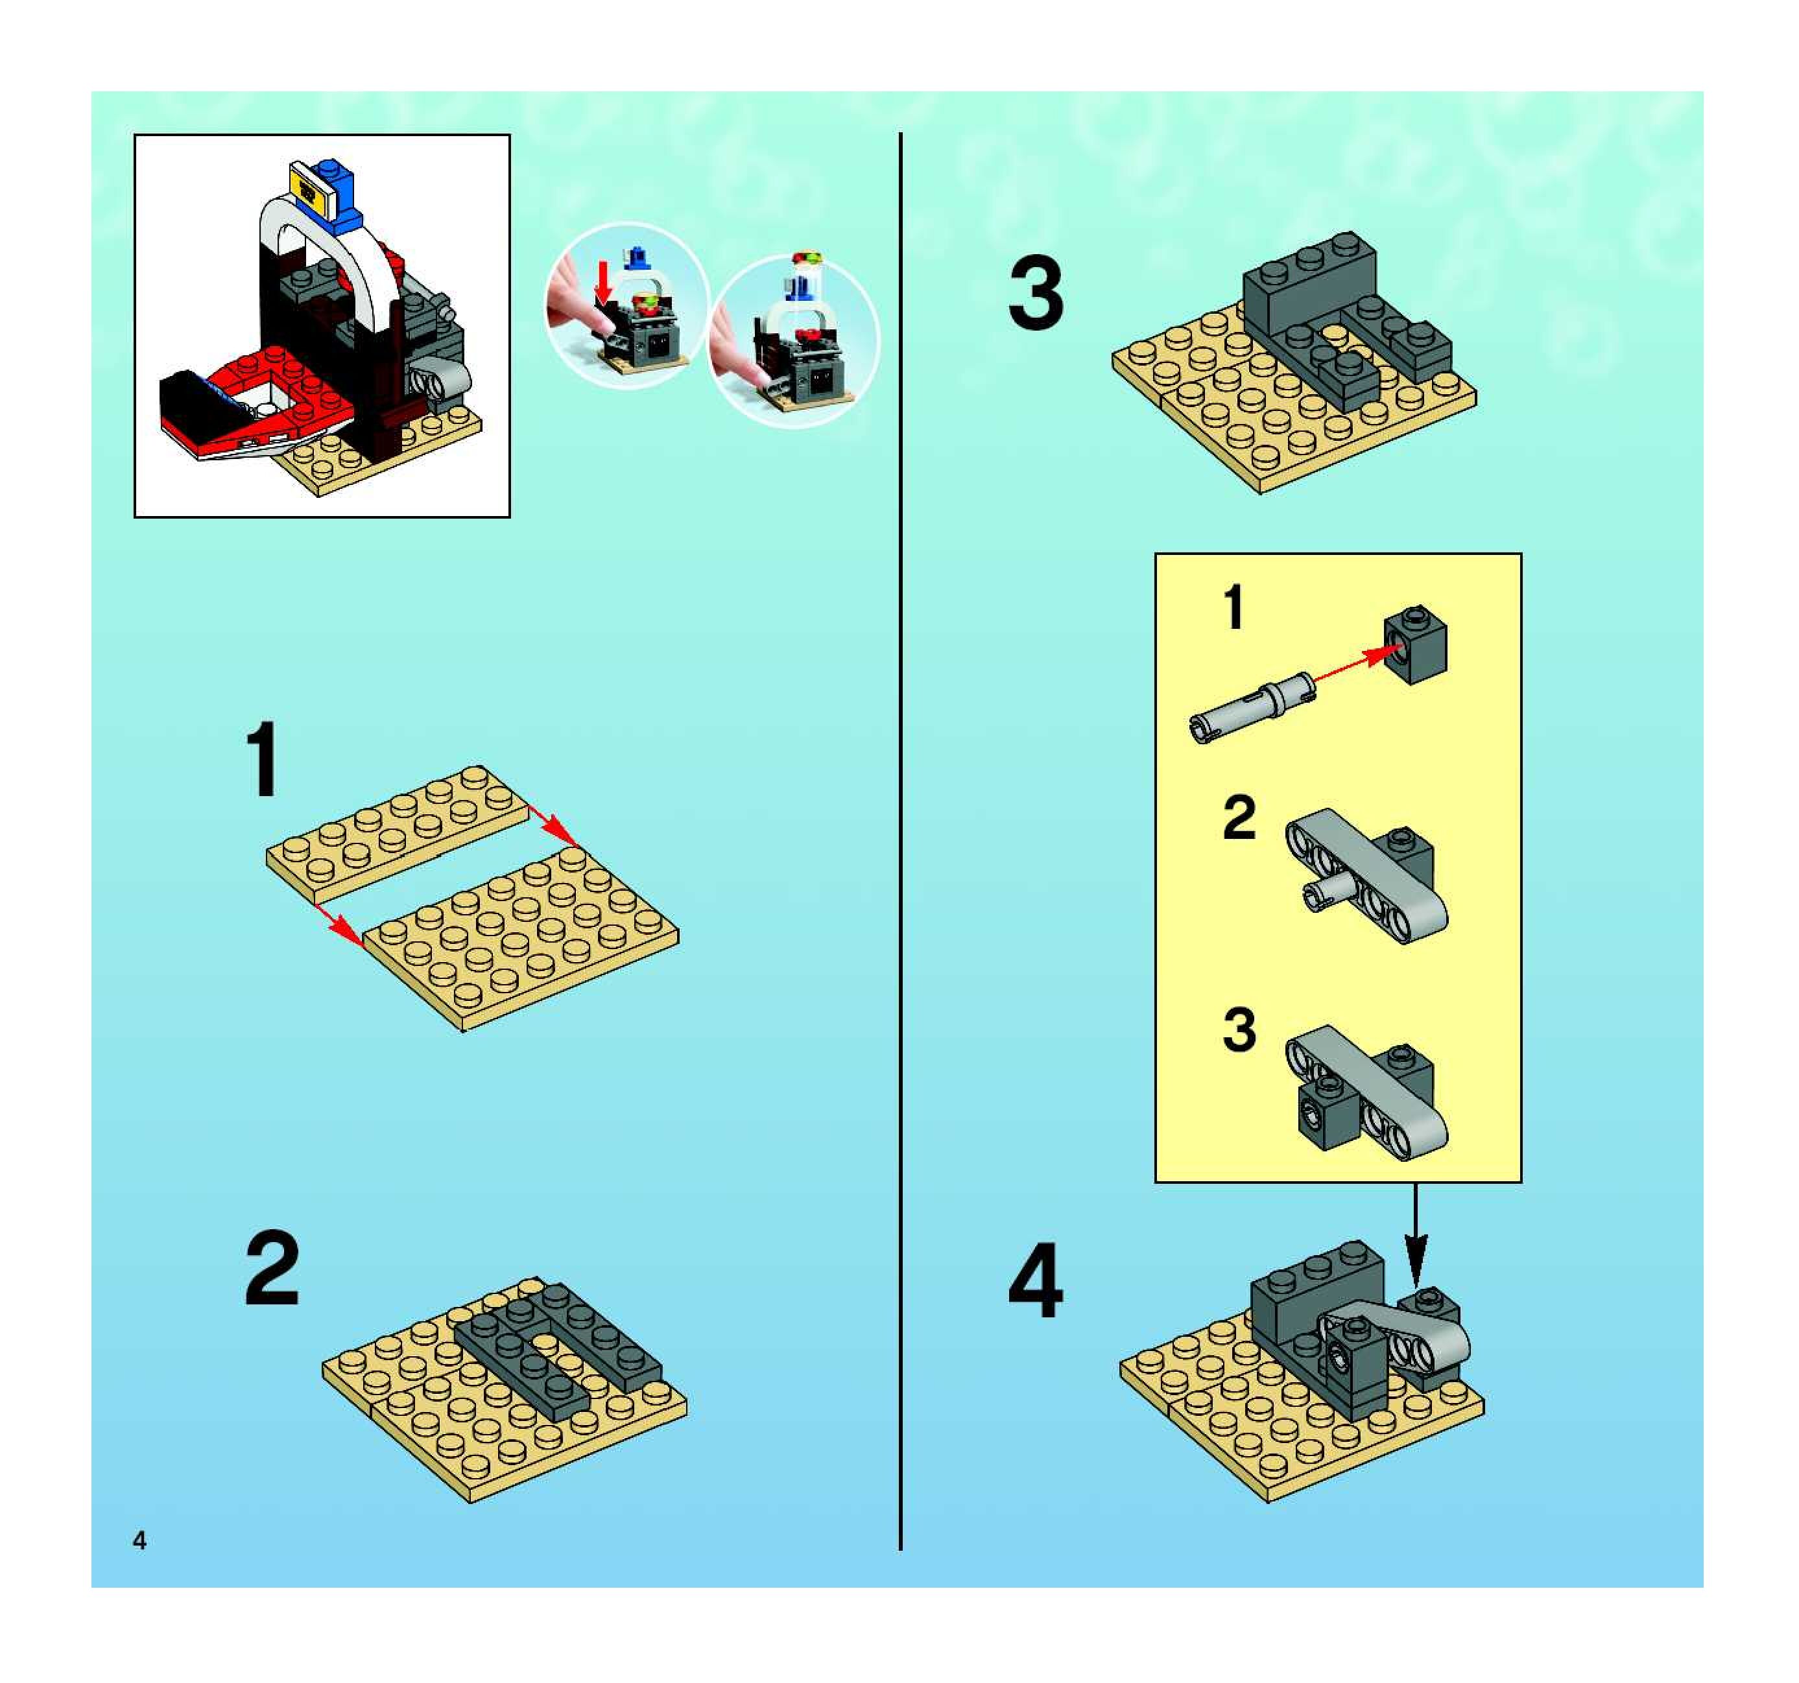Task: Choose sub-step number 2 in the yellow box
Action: [x=1239, y=818]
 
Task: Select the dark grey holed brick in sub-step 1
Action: [x=1415, y=645]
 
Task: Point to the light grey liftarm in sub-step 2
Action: [x=1366, y=875]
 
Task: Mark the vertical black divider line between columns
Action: [x=900, y=842]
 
